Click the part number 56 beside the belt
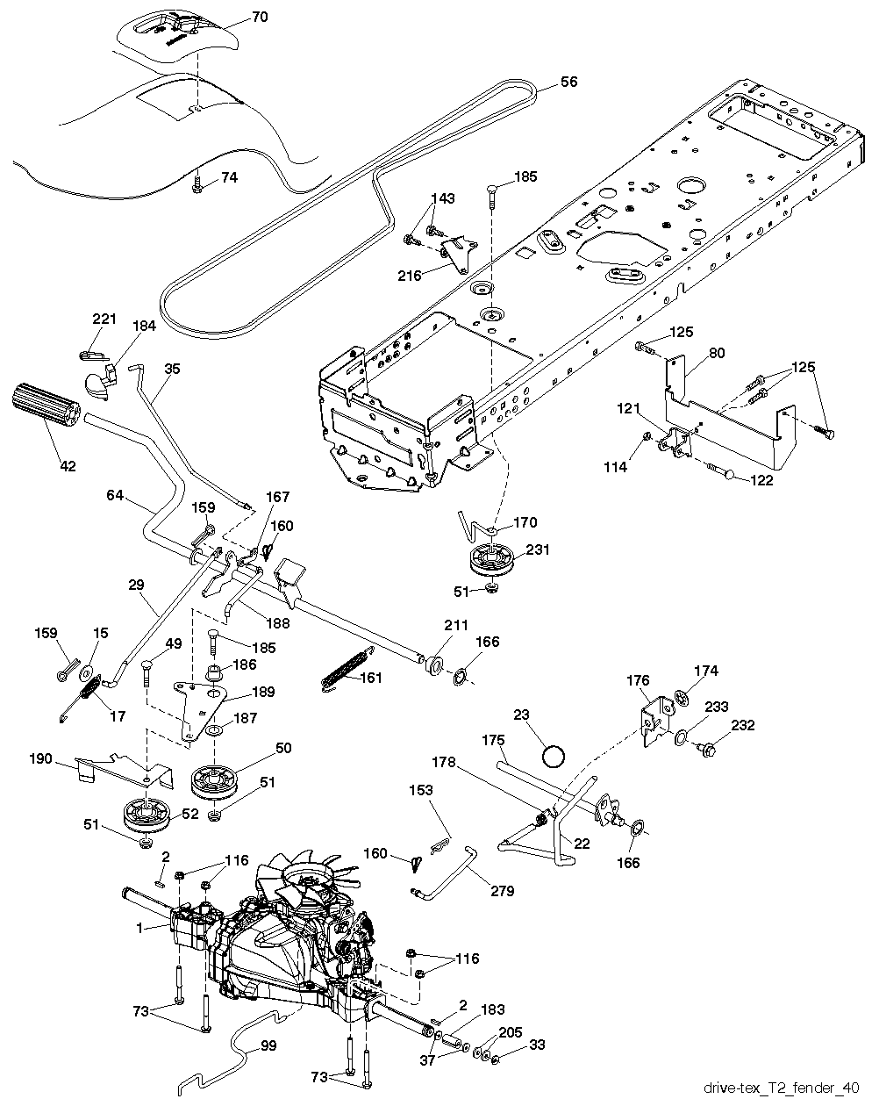click(569, 82)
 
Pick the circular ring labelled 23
click(554, 755)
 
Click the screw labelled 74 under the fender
click(199, 183)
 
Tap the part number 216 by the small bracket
click(410, 275)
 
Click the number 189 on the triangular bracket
click(262, 692)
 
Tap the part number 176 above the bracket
click(638, 679)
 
